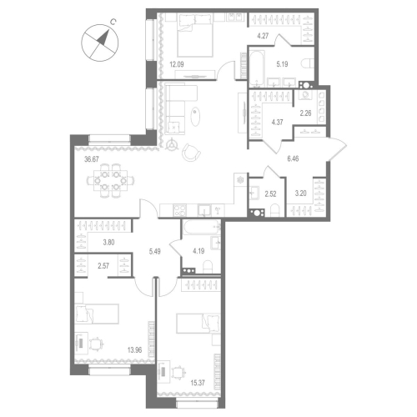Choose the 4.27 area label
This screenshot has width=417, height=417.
pos(263,36)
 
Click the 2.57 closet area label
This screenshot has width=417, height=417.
pos(104,266)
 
